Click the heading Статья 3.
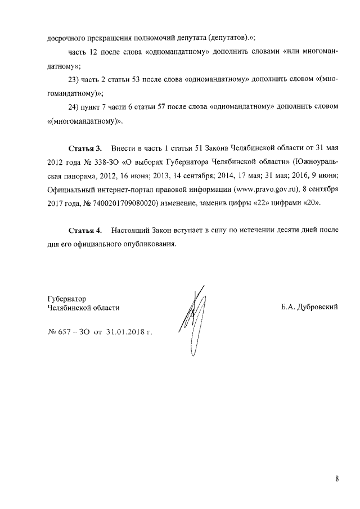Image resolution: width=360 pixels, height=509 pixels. coord(85,148)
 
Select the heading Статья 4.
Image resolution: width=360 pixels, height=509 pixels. coord(85,231)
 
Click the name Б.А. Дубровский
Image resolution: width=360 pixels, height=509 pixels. coord(309,308)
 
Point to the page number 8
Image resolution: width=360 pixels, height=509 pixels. coord(336,479)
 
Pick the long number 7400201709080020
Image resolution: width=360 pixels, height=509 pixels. coord(114,202)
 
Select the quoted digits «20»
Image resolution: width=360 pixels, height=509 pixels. coord(314,202)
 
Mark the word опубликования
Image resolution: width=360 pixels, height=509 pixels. coord(152,244)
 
